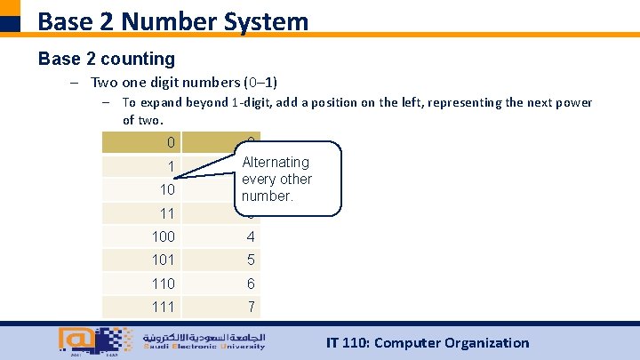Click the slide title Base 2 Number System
(173, 20)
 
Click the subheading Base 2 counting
(107, 59)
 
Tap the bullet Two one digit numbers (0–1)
(184, 83)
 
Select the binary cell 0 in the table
(171, 143)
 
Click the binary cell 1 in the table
(171, 167)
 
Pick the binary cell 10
(166, 190)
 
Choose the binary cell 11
(166, 213)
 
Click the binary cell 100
(163, 236)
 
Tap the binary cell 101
(163, 260)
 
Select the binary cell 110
(163, 284)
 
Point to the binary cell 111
(163, 307)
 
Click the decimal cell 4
(251, 236)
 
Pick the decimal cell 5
(251, 260)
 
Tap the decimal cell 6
(251, 284)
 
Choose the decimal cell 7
(251, 307)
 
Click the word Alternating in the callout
(276, 163)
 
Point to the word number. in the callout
(268, 196)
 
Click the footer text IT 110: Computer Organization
(428, 343)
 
